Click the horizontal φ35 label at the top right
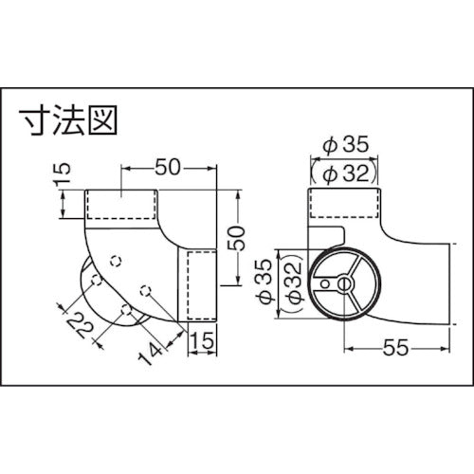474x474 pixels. [344, 149]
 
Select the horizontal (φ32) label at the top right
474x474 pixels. [344, 173]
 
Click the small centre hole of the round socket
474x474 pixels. [338, 283]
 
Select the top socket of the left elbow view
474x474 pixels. [121, 206]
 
